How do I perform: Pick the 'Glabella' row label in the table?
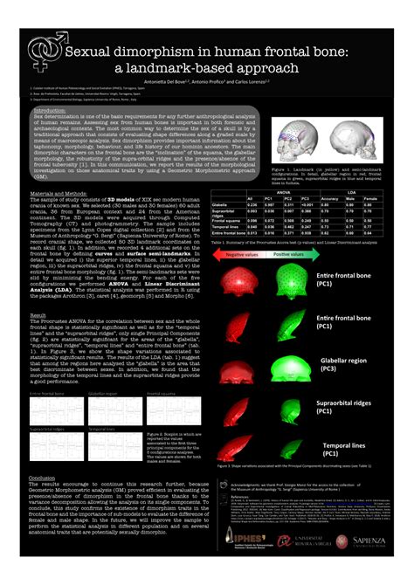point(224,204)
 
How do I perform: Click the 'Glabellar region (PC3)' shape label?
point(346,363)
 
